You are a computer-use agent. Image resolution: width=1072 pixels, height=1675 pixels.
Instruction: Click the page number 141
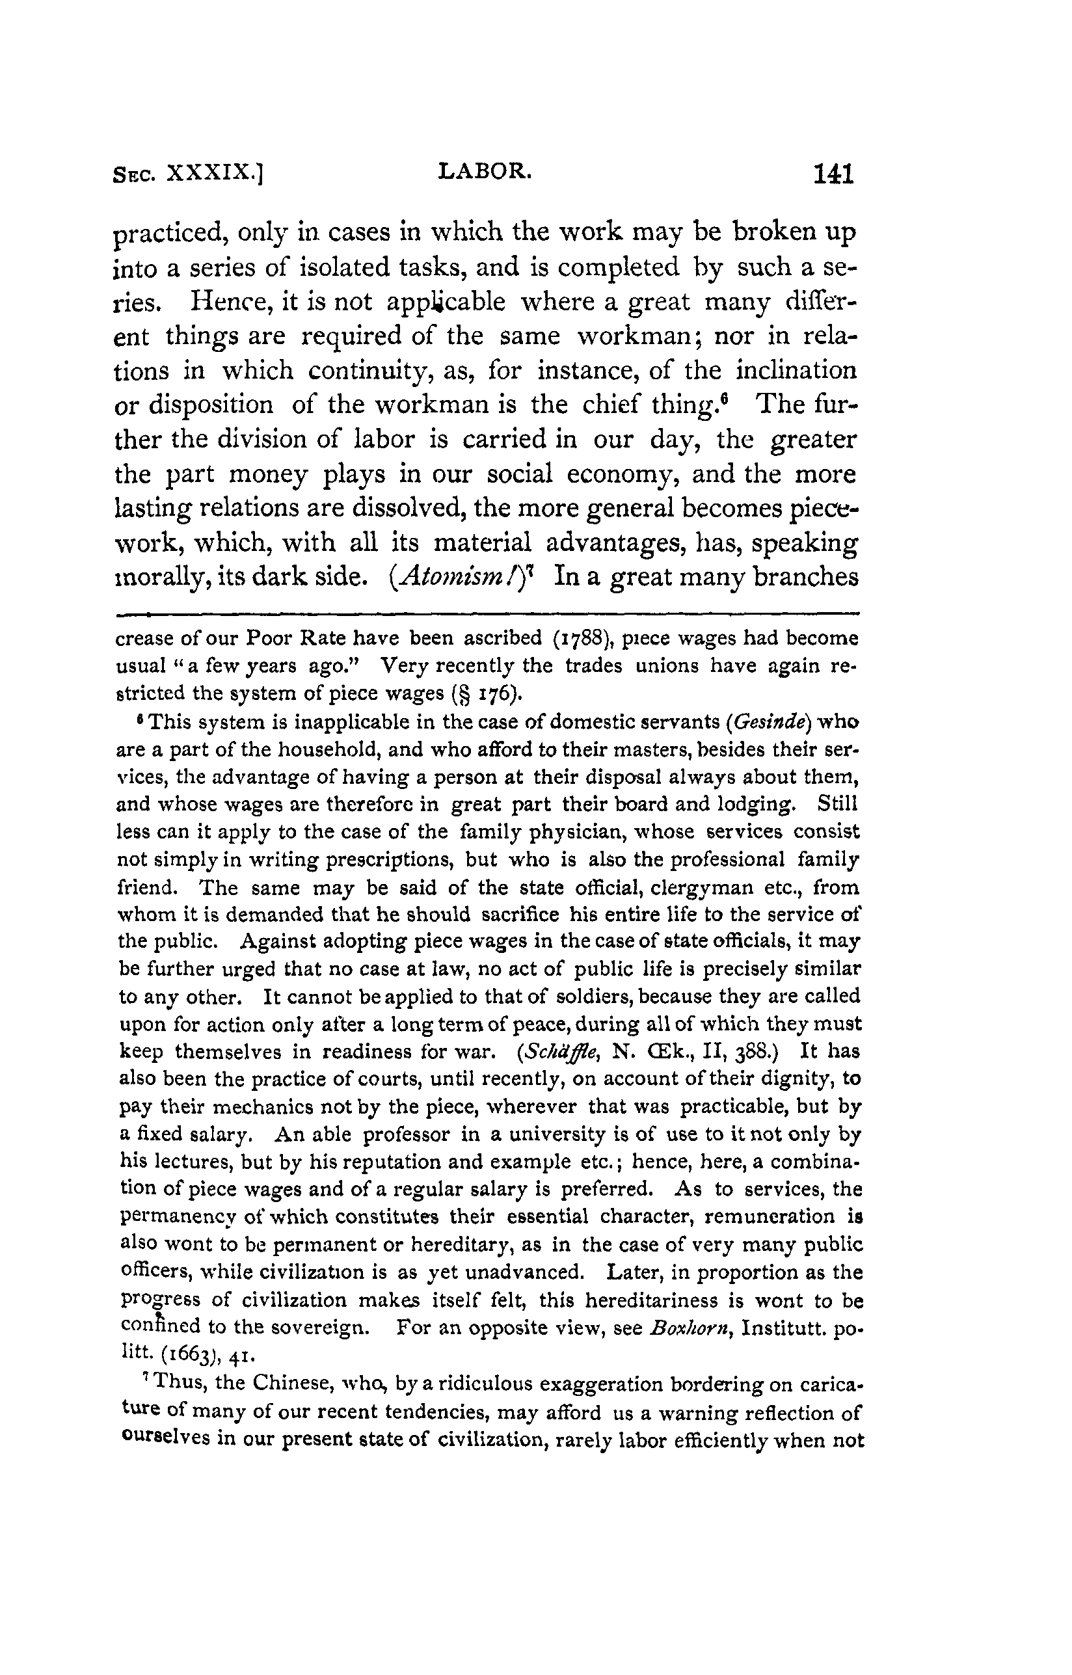point(833,174)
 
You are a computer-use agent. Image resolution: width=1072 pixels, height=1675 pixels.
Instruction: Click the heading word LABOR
point(485,171)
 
